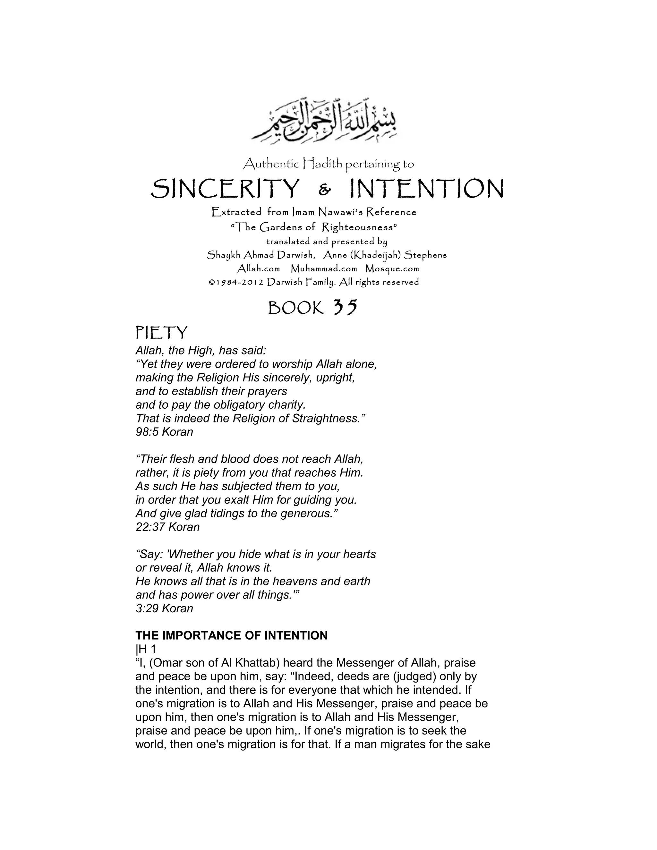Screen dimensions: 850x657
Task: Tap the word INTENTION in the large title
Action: pos(427,189)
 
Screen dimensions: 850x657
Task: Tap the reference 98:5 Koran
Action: pos(164,432)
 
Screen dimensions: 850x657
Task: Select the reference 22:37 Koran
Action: pos(167,527)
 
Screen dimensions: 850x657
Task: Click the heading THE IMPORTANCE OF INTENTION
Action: pos(231,635)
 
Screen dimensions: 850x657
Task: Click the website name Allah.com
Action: pos(259,269)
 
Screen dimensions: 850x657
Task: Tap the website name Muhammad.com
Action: pos(324,269)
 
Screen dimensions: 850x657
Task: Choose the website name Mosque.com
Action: pos(392,269)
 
